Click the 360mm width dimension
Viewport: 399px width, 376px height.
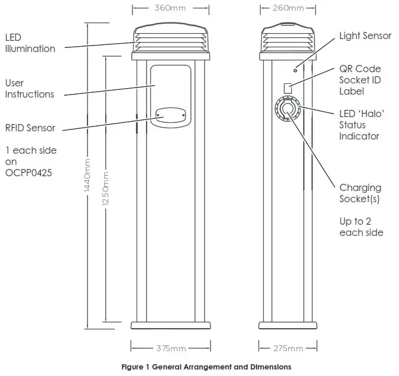[x=170, y=8]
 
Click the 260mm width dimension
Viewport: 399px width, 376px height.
[x=289, y=8]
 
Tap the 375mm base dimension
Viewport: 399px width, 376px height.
[x=170, y=348]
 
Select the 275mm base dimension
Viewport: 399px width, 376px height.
[x=289, y=348]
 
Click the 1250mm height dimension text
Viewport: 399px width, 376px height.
[x=105, y=189]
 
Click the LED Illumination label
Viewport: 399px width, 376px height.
[x=30, y=43]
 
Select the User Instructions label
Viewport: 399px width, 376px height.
[x=30, y=89]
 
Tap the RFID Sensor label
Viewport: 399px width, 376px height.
[x=30, y=128]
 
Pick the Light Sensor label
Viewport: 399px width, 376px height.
[x=365, y=36]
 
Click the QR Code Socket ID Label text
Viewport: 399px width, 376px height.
[x=360, y=80]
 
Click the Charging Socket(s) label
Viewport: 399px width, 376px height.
[x=360, y=193]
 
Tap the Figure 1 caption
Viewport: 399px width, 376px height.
[x=206, y=367]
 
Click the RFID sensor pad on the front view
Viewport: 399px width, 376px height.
[x=170, y=116]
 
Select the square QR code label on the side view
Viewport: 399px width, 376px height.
[x=289, y=88]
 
